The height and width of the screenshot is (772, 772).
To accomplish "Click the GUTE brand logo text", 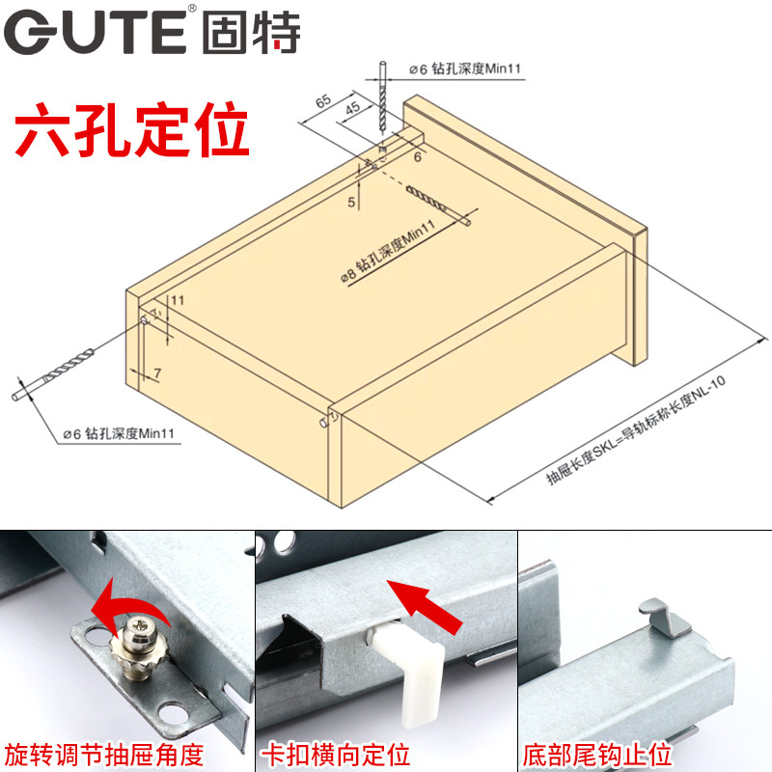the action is coord(154,31).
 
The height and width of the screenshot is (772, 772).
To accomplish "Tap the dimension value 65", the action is coord(322,100).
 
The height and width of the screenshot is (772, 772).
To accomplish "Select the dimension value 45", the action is coord(352,108).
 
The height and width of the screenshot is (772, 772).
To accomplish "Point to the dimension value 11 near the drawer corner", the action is coord(178,300).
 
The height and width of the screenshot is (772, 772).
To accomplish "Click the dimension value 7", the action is coord(157,372).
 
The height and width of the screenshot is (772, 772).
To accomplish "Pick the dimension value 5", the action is coord(351,202).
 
